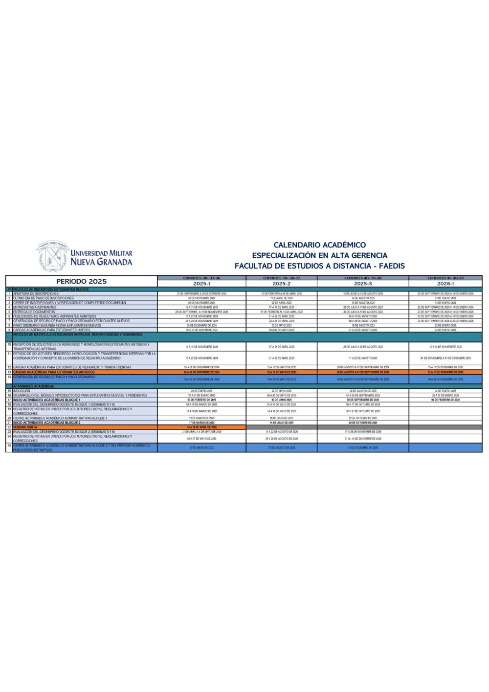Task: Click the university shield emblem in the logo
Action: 53,257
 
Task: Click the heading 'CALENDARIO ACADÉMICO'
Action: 319,245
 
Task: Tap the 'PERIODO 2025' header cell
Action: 81,281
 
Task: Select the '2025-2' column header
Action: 281,284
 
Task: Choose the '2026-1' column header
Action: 445,284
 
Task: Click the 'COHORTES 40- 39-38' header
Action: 363,278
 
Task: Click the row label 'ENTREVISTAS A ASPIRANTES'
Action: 35,307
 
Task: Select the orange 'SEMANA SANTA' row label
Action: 25,427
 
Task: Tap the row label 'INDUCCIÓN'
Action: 22,391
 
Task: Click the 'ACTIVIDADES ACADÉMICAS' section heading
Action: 34,386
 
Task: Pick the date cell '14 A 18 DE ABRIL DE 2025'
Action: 201,427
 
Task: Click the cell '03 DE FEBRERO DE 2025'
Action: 201,400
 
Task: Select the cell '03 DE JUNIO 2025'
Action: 281,400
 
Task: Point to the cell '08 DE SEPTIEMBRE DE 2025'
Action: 363,400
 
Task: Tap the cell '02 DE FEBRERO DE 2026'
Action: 445,400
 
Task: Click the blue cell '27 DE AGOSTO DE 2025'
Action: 281,447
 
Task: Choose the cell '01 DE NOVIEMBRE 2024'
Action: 201,298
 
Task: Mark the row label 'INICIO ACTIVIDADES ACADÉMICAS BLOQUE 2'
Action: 47,423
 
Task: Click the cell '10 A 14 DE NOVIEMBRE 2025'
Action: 445,347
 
